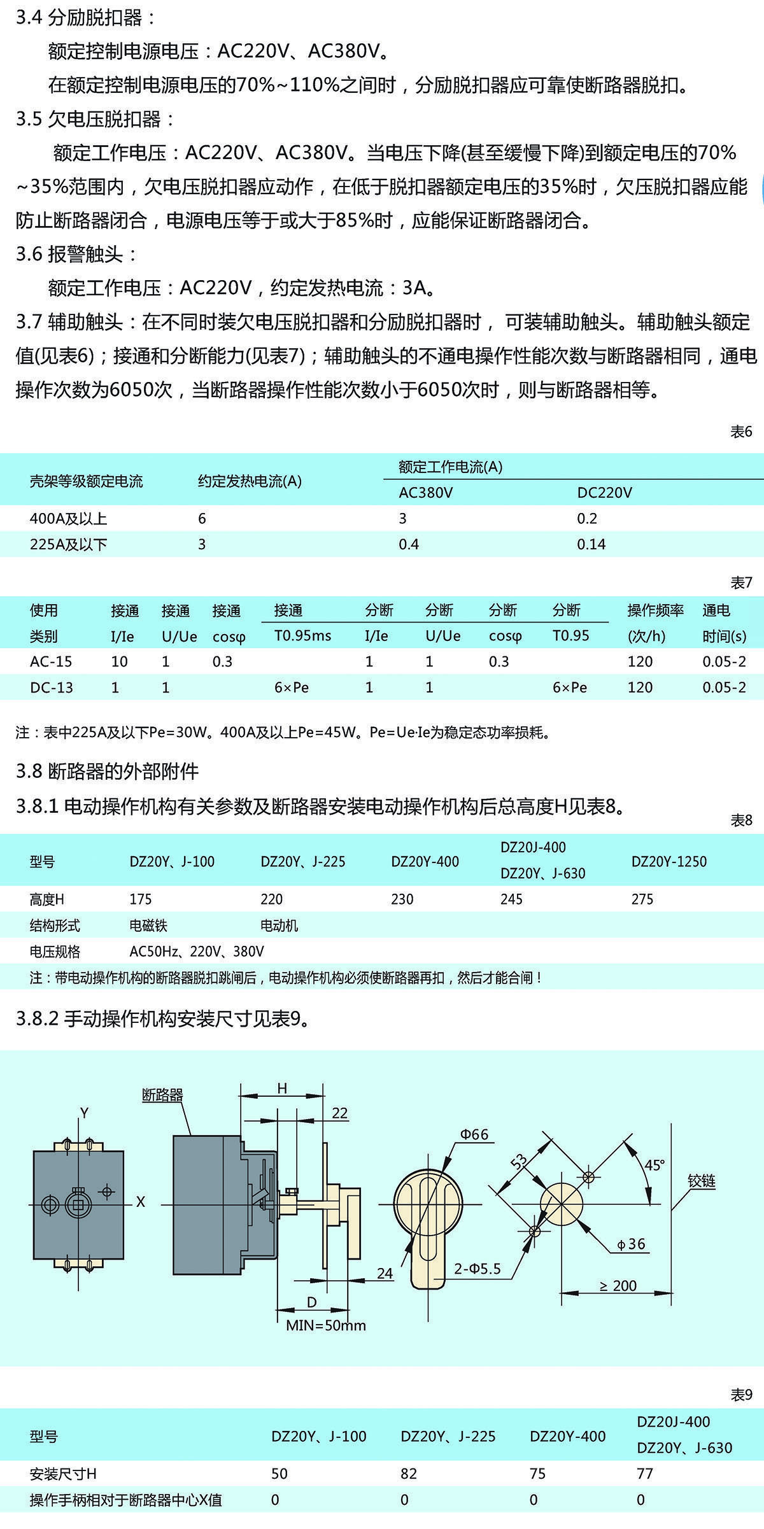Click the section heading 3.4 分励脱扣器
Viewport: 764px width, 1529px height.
85,18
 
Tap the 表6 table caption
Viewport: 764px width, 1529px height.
741,432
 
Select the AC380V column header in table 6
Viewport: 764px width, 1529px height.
425,493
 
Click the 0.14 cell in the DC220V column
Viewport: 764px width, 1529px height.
591,544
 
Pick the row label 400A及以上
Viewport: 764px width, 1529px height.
68,519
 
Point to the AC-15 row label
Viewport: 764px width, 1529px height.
51,661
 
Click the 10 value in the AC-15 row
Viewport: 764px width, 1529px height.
119,661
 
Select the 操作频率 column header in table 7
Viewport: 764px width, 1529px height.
655,610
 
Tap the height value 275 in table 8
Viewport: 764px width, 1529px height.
642,899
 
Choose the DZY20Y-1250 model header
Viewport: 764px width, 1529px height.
668,861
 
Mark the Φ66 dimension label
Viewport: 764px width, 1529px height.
474,1134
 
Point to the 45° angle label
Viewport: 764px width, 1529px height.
654,1165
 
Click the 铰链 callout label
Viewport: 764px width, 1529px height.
702,1181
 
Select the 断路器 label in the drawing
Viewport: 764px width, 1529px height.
162,1095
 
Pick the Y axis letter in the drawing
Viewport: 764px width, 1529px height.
84,1113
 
